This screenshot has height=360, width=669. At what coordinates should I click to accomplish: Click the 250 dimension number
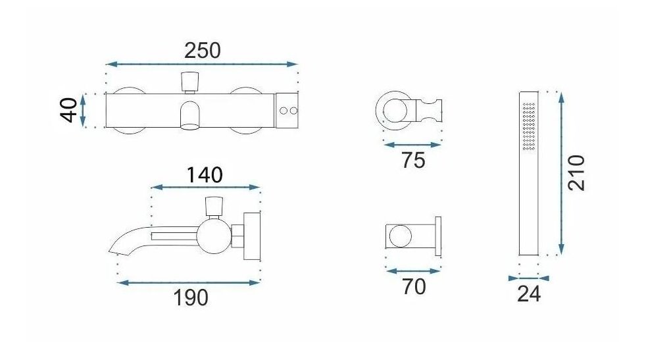click(203, 51)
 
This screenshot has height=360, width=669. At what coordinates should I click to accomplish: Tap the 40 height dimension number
click(68, 110)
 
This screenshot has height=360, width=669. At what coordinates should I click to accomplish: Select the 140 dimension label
click(205, 175)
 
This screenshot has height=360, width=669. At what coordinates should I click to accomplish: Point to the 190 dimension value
click(191, 297)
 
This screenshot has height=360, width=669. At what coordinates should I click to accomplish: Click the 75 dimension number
click(413, 161)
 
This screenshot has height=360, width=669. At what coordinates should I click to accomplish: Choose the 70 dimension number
click(414, 286)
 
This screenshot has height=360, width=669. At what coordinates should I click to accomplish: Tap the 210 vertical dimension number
click(576, 172)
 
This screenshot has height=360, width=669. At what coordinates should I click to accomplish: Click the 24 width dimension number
click(529, 294)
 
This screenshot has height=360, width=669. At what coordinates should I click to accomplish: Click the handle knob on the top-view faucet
click(190, 82)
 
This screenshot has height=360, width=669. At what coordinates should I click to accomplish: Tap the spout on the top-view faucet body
click(190, 115)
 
